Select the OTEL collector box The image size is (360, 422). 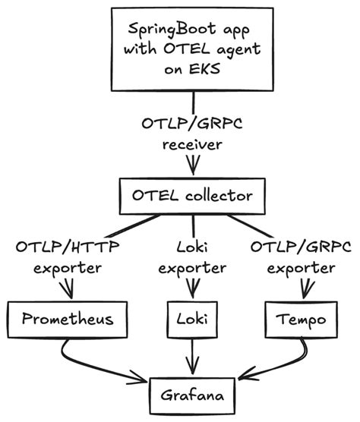pos(195,196)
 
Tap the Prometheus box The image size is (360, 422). pos(66,318)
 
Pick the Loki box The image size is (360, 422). pos(197,320)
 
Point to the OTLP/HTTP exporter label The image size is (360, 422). pos(66,257)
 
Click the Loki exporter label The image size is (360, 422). pos(197,257)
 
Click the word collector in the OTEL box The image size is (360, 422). pos(220,196)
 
